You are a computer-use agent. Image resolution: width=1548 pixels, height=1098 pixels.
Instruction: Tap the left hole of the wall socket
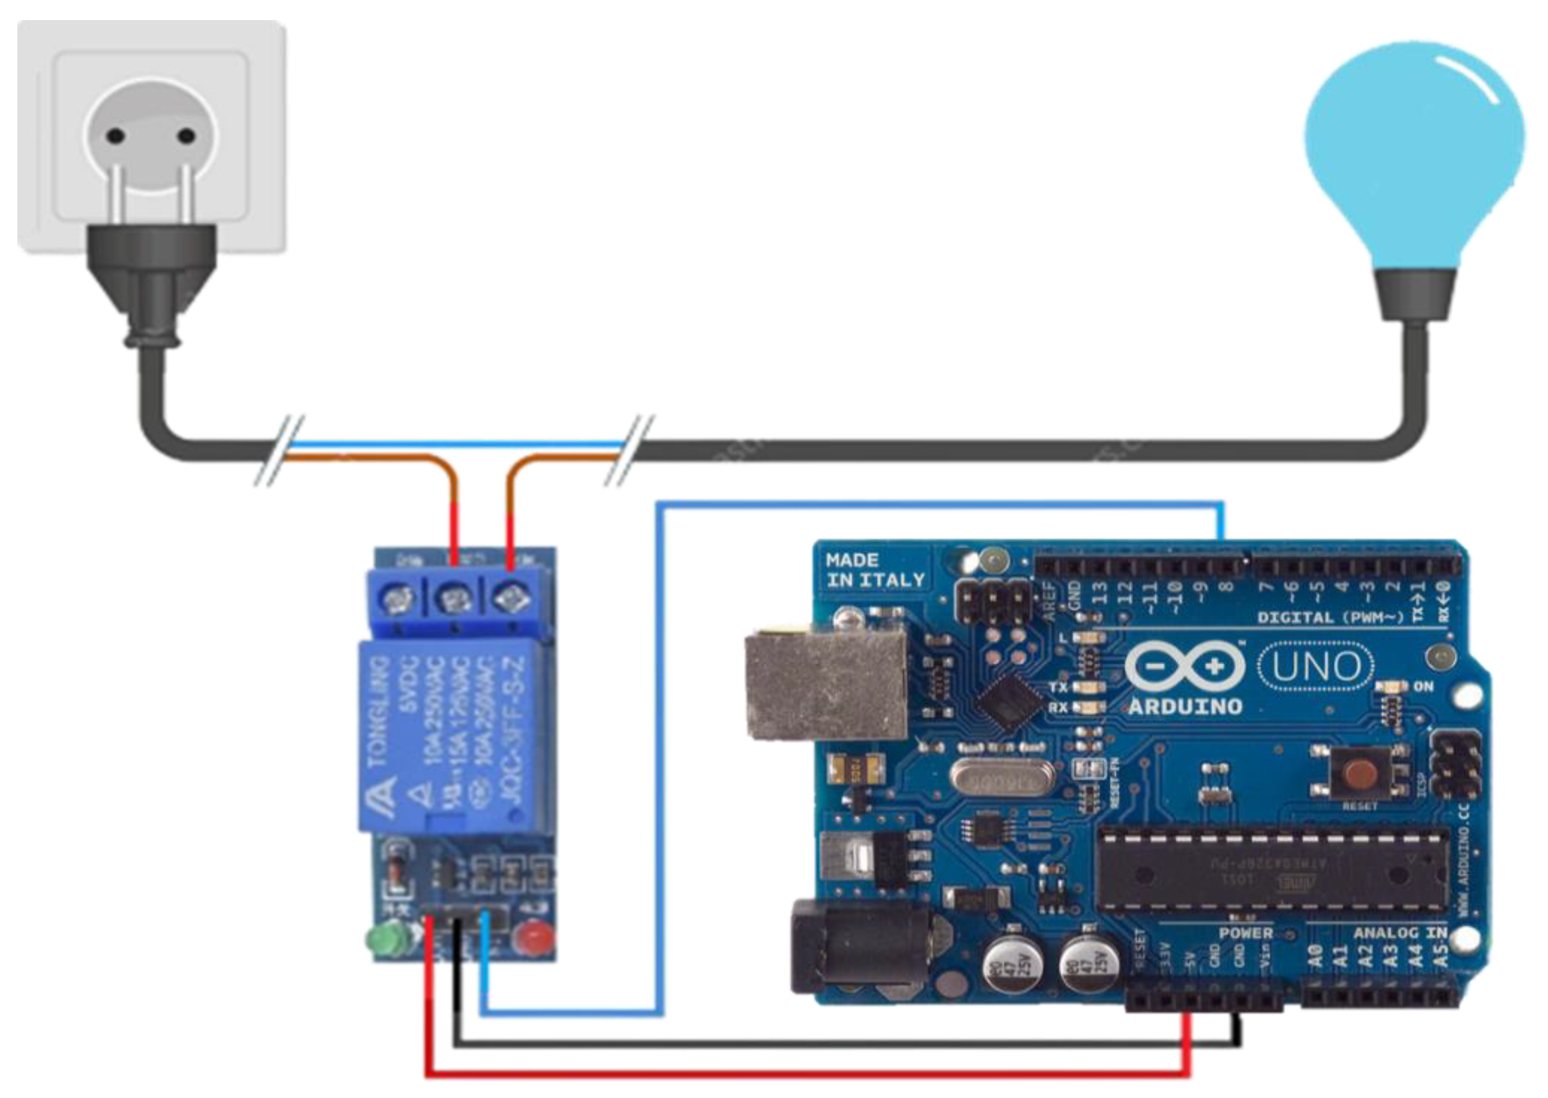116,136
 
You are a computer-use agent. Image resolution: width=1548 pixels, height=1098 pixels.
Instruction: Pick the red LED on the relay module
534,937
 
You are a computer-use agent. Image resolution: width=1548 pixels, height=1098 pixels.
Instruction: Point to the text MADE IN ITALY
875,570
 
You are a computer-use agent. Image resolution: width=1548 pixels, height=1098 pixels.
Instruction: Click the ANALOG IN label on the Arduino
1399,933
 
